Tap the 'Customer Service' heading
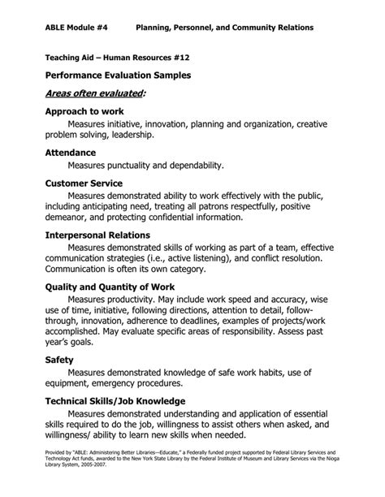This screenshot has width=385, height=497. click(x=84, y=184)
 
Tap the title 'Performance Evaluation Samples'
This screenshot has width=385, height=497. click(x=118, y=75)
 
